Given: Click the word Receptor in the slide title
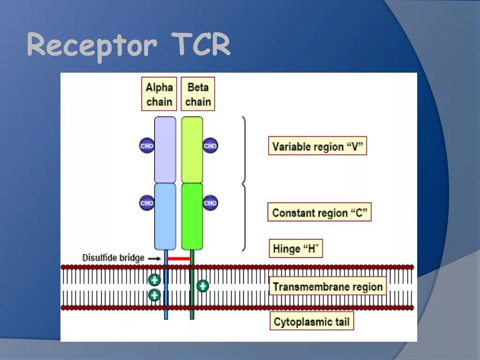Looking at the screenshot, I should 91,46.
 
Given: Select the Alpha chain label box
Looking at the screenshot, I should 159,94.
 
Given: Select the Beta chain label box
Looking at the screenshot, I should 198,94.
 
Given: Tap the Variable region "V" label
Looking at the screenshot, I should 317,146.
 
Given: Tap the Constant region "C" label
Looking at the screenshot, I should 319,212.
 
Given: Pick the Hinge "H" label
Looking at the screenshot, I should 296,248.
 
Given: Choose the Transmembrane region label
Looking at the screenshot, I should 328,286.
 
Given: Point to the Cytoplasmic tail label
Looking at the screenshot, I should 312,322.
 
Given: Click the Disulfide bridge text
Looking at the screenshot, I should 113,258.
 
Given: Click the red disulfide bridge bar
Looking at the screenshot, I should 179,258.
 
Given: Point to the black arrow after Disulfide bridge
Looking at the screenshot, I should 154,258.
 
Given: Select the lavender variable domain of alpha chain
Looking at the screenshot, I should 165,150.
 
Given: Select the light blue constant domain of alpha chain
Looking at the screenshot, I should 165,216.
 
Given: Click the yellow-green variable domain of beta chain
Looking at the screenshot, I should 192,150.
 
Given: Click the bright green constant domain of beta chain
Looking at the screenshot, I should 192,216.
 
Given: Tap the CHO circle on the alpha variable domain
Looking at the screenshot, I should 147,146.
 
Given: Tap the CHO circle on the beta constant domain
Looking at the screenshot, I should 210,203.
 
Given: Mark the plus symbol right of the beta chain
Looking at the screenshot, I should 202,285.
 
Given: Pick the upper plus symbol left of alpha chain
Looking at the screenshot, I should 154,280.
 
